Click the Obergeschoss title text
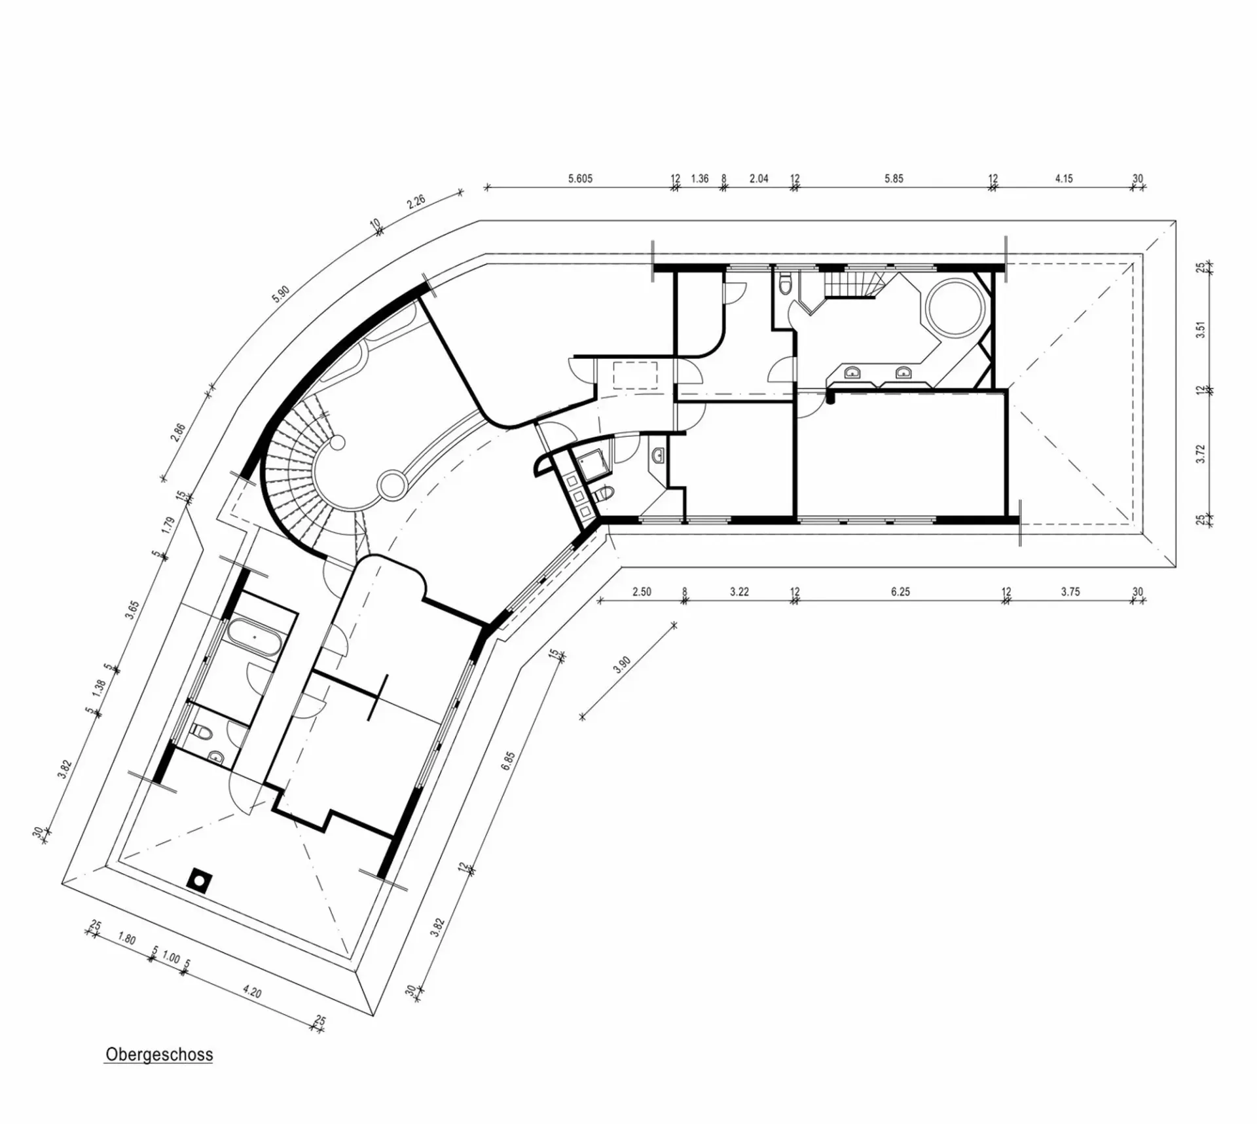tap(159, 1072)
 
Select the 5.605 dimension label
tap(580, 178)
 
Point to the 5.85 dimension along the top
tap(894, 178)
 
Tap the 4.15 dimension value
tap(1064, 178)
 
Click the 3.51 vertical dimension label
tap(1201, 329)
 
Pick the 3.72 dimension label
tap(1201, 453)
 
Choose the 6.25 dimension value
tap(900, 591)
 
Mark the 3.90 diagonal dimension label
tap(622, 665)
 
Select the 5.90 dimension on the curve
tap(281, 294)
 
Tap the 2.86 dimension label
tap(178, 433)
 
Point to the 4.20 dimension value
tap(252, 992)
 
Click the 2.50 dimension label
tap(642, 591)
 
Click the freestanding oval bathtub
tap(255, 636)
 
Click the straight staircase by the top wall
tap(852, 285)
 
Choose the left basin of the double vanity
tap(852, 372)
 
